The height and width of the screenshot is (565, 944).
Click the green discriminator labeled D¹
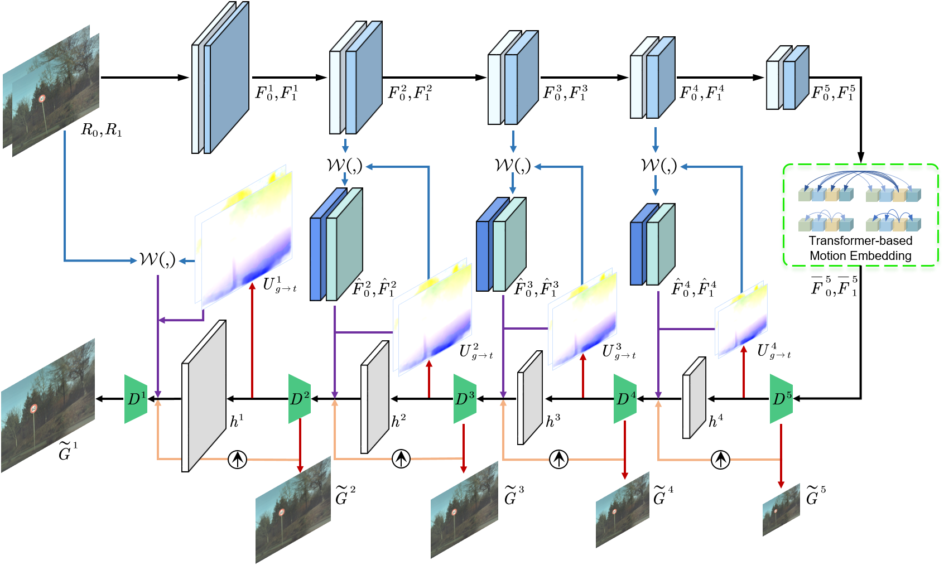coord(136,399)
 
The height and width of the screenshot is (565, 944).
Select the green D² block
coord(300,399)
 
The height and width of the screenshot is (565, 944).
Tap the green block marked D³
coord(464,399)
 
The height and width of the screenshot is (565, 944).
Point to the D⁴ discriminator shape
coord(625,399)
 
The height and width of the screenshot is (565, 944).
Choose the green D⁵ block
coord(781,399)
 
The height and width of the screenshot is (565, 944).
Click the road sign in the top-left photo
coord(42,99)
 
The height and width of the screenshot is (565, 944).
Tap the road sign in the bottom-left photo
coord(34,409)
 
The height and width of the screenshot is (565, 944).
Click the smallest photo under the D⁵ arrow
coord(781,509)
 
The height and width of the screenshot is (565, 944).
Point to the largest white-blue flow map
coord(244,237)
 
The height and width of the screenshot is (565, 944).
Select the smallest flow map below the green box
coord(741,320)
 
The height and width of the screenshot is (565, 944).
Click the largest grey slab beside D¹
coord(204,396)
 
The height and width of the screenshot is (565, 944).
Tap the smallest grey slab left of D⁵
coord(694,398)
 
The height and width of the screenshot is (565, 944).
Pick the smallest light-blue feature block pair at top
coord(787,78)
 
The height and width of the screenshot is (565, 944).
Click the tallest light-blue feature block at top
coord(220,78)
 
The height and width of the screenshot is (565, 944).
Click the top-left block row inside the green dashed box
coord(826,194)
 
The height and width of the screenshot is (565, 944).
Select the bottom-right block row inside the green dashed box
coord(893,224)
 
